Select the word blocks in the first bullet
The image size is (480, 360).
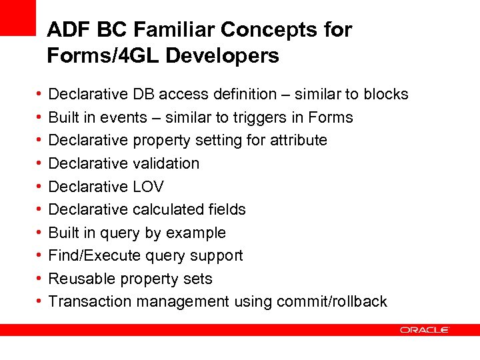pyautogui.click(x=386, y=95)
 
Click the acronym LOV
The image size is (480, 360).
pyautogui.click(x=148, y=187)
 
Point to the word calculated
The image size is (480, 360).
pyautogui.click(x=169, y=209)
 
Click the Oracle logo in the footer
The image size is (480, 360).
pyautogui.click(x=425, y=330)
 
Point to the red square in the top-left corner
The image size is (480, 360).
pyautogui.click(x=17, y=17)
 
